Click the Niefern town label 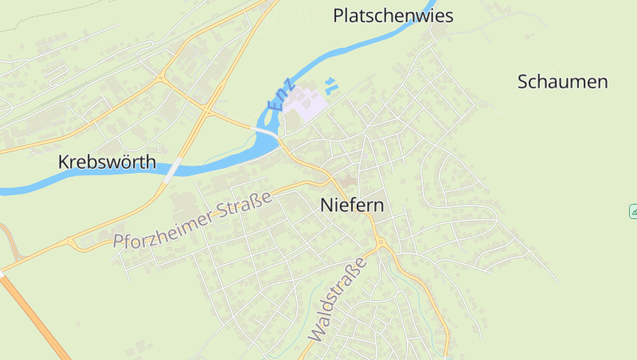coord(352,205)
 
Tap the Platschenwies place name coord(393,15)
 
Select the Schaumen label coord(562,81)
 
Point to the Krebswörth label coord(107,162)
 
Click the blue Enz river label coord(282,96)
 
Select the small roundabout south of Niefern coord(381,243)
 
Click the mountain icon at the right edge coord(633,211)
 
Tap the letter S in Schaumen coord(523,81)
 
